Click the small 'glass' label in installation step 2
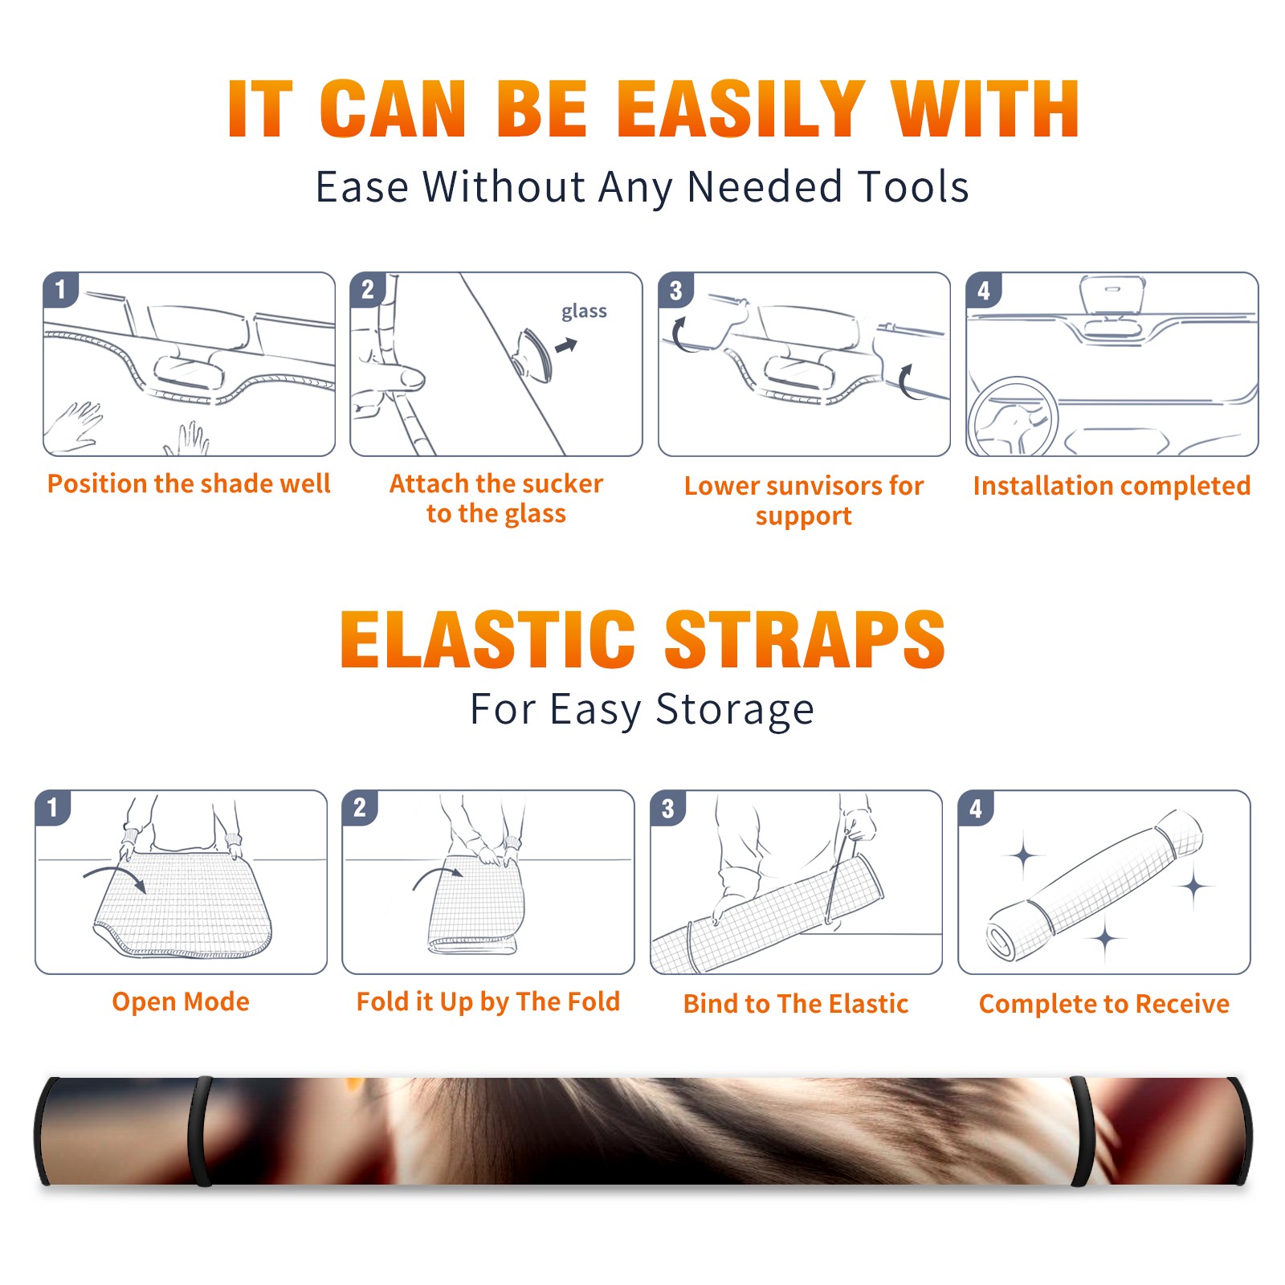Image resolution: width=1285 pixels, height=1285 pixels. pos(584,311)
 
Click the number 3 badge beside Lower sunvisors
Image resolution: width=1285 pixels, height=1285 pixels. pos(675,290)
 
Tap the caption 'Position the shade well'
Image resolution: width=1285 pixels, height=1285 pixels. pos(189,483)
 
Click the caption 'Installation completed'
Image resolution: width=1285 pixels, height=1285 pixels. pos(1112,486)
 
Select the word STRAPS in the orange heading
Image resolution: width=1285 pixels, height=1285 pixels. pos(805,639)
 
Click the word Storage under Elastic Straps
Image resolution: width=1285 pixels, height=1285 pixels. pos(734,711)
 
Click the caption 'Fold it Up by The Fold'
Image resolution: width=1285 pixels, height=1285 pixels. pos(488,1002)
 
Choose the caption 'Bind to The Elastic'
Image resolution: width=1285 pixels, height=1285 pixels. pos(795,1004)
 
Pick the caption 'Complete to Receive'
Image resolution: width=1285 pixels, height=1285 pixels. pos(1104,1004)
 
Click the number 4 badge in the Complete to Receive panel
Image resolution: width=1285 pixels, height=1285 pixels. pos(976,808)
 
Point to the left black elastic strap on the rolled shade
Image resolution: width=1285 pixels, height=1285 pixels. pos(201,1131)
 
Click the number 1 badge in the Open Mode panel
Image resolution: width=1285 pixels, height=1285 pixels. pos(53,807)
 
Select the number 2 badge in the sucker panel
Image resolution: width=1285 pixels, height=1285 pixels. pos(368,289)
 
